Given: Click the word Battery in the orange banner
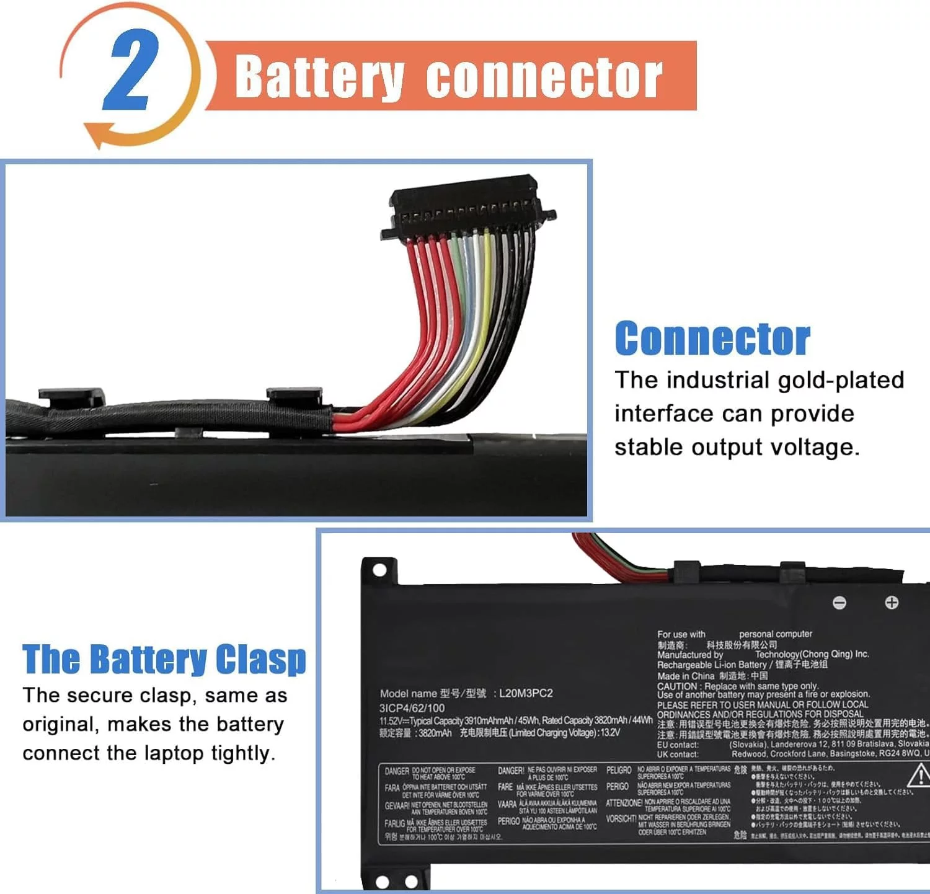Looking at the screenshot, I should pos(319,77).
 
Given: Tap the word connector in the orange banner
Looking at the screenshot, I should pos(544,77).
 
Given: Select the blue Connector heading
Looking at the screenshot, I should pos(712,339).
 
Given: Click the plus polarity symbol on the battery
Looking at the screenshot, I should pos(892,603).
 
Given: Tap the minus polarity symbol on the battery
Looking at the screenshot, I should pos(839,603).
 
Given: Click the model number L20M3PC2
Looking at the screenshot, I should pos(526,693).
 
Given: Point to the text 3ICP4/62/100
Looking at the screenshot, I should pos(412,708).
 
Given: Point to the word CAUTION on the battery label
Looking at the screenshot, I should pos(677,686).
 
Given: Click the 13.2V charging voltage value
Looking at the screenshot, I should pos(610,733).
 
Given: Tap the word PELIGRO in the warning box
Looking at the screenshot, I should pos(619,770).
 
